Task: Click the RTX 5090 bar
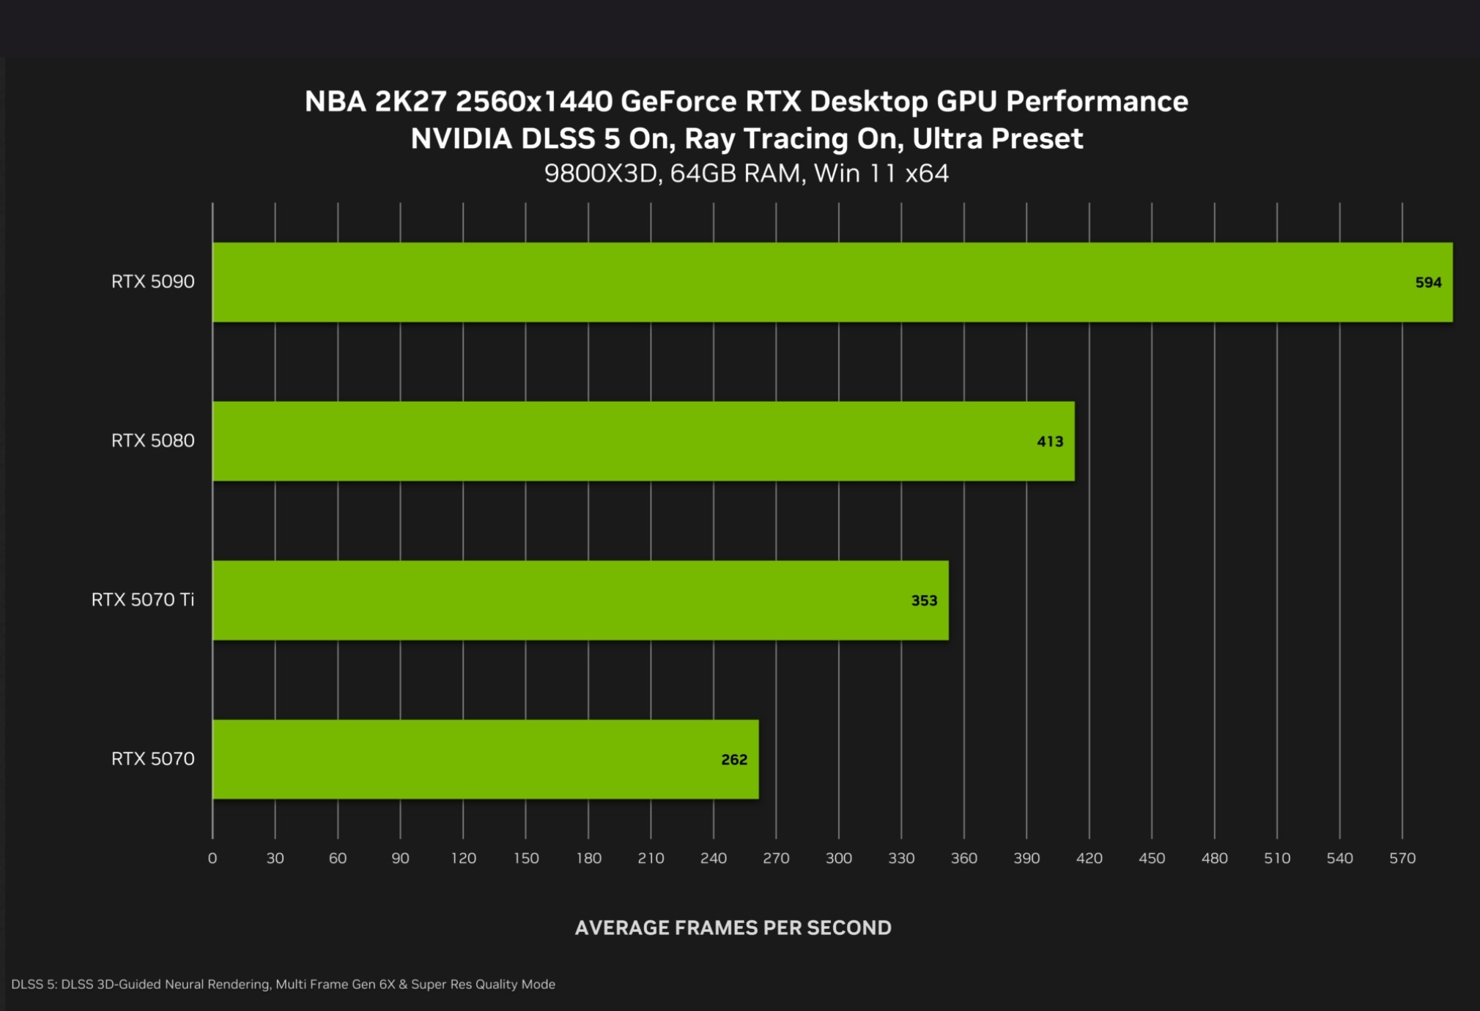click(x=832, y=282)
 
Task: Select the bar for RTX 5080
click(x=643, y=441)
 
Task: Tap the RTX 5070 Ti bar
click(x=580, y=600)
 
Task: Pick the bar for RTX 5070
click(x=486, y=759)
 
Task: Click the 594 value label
click(x=1428, y=283)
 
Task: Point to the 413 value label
click(x=1050, y=442)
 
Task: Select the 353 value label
click(x=924, y=601)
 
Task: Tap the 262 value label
click(x=734, y=760)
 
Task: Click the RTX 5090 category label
click(x=152, y=282)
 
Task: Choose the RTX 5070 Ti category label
click(x=143, y=600)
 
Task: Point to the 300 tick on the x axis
click(x=839, y=858)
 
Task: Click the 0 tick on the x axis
click(x=212, y=858)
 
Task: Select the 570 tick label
click(x=1402, y=858)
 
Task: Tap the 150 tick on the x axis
click(x=526, y=858)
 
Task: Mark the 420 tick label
click(x=1089, y=858)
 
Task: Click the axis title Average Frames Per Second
click(x=733, y=927)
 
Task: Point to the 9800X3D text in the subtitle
click(x=600, y=174)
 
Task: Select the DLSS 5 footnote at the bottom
click(x=283, y=984)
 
